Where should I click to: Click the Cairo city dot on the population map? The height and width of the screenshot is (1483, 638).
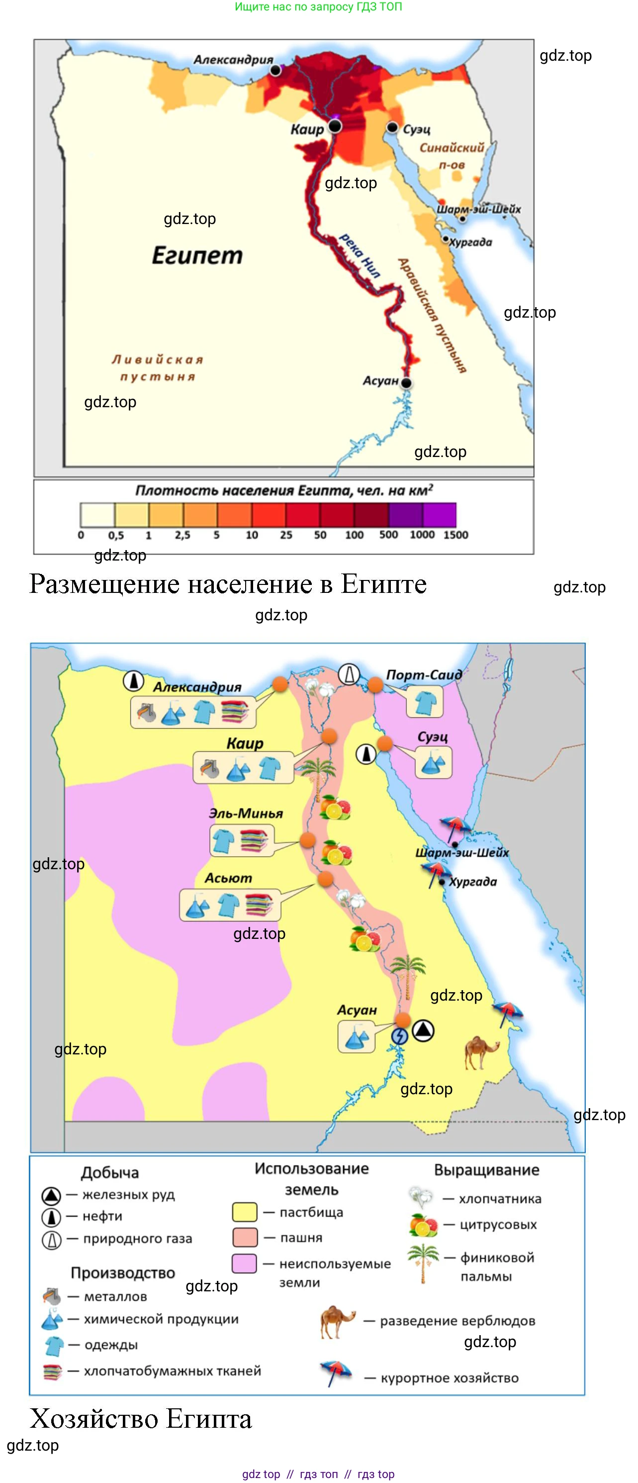pos(335,126)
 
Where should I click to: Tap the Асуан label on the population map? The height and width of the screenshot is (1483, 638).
pos(380,380)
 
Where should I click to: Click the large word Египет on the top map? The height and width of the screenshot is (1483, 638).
pos(197,255)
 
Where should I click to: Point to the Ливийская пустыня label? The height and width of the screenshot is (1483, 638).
pos(157,368)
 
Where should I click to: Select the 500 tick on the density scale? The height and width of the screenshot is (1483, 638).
pos(388,535)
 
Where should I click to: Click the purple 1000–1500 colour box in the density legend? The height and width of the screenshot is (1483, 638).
pos(440,515)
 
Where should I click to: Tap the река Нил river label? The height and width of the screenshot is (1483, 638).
pos(360,255)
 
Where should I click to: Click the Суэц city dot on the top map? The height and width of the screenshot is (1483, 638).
pos(392,127)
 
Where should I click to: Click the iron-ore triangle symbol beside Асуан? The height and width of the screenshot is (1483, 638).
pos(423,1030)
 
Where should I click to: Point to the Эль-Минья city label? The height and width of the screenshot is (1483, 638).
pos(246,813)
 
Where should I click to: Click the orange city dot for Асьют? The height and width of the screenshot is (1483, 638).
pos(326,879)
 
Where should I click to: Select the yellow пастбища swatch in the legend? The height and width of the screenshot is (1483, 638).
pos(244,1212)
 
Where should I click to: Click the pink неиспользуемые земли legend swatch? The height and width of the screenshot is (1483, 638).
pos(244,1263)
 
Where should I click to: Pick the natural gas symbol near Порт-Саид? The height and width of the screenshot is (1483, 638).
pos(349,674)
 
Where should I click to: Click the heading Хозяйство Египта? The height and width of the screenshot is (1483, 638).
pos(141,1418)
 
